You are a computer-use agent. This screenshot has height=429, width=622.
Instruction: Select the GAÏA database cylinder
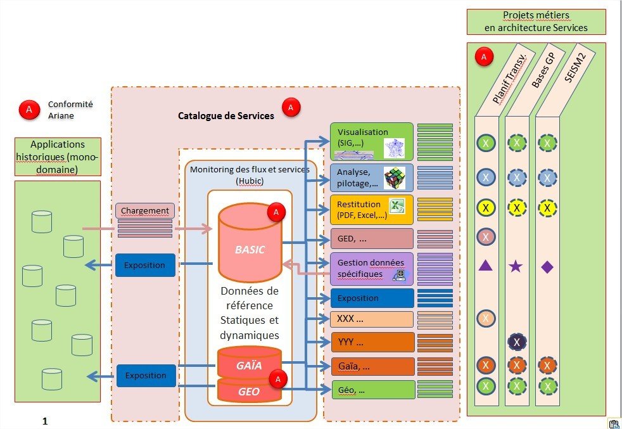point(249,365)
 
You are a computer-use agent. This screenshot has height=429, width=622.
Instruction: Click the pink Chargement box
point(144,210)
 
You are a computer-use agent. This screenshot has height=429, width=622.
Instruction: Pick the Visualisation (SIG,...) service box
point(371,141)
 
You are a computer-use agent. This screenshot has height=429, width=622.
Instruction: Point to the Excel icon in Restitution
point(397,206)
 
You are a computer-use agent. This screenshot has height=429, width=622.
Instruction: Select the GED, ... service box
point(371,239)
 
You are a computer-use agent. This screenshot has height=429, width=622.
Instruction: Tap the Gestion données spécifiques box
point(371,268)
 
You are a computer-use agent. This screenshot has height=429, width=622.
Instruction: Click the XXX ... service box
point(371,319)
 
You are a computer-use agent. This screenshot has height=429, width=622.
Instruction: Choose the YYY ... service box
point(371,342)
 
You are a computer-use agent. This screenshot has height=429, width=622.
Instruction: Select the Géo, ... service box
point(371,389)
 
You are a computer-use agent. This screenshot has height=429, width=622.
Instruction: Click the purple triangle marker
point(485,266)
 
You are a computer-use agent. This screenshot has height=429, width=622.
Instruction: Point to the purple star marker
point(516,266)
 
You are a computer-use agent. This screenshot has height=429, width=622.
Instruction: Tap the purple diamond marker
point(547,266)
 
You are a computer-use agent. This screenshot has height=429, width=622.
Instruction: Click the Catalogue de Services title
point(225,116)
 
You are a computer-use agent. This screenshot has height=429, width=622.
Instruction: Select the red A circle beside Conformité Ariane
point(28,110)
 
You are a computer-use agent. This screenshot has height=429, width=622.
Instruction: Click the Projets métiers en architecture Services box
point(536,22)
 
